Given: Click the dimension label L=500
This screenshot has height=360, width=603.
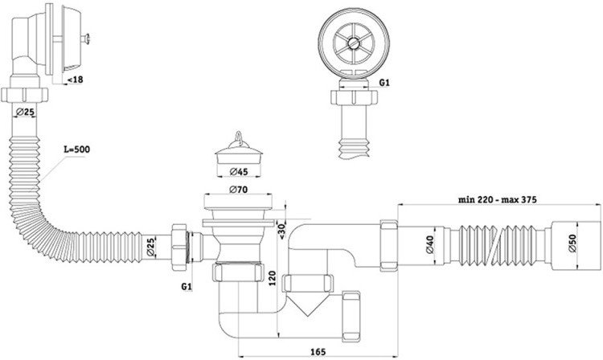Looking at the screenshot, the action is pyautogui.click(x=76, y=149).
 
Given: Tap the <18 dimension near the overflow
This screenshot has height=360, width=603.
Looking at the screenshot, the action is pyautogui.click(x=75, y=80).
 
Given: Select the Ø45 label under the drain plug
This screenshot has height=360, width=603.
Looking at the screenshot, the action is pyautogui.click(x=239, y=172).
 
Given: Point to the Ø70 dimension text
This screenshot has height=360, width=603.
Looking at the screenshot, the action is pyautogui.click(x=239, y=190).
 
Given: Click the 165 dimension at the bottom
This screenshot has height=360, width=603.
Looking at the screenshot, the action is pyautogui.click(x=318, y=352).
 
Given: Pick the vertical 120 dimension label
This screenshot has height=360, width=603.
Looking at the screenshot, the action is pyautogui.click(x=273, y=278).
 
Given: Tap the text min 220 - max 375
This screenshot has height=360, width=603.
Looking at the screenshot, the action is pyautogui.click(x=497, y=199).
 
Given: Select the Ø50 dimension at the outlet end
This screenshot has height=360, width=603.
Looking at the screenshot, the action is pyautogui.click(x=572, y=243).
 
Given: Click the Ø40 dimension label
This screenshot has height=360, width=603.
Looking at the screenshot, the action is pyautogui.click(x=429, y=244).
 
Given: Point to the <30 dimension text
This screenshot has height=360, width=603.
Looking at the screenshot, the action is pyautogui.click(x=281, y=231).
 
